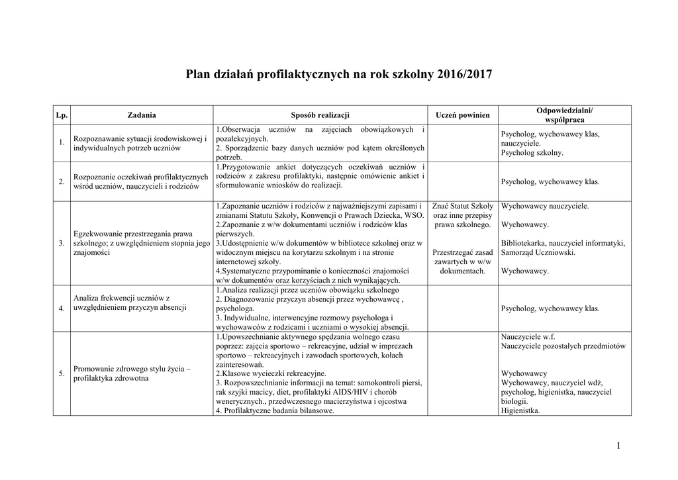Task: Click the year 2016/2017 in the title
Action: (x=465, y=75)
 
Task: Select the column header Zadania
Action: (x=141, y=115)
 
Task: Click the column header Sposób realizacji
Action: (x=320, y=115)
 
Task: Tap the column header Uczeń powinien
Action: (x=463, y=115)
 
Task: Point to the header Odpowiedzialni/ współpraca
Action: (x=564, y=115)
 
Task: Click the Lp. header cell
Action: (x=62, y=115)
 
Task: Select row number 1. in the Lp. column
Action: (x=62, y=143)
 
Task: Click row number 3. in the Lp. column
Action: (x=62, y=243)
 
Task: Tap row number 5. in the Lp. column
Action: (x=62, y=373)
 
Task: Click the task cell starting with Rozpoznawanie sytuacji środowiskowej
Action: (x=140, y=144)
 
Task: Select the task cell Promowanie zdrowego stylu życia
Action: (x=132, y=373)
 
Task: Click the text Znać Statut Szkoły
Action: (x=463, y=206)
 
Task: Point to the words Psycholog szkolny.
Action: (x=532, y=152)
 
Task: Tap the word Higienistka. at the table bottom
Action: (x=520, y=410)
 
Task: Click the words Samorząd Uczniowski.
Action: (x=538, y=252)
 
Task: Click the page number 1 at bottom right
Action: (x=618, y=446)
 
